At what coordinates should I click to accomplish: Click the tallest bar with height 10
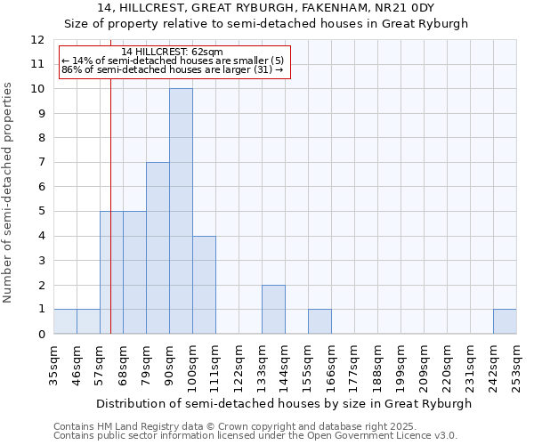[x=181, y=211]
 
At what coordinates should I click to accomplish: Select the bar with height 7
[x=158, y=247]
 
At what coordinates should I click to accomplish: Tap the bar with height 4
[x=204, y=285]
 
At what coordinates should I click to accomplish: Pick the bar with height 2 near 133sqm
[x=273, y=309]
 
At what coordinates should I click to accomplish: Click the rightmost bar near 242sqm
[x=505, y=321]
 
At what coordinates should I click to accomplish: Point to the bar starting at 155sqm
[x=320, y=321]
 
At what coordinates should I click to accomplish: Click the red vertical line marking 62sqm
[x=110, y=222]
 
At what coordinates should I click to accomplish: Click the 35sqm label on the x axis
[x=53, y=363]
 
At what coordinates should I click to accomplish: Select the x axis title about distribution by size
[x=284, y=403]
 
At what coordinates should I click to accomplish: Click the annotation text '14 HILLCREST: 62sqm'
[x=173, y=53]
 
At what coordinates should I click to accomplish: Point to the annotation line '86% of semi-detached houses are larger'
[x=173, y=69]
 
